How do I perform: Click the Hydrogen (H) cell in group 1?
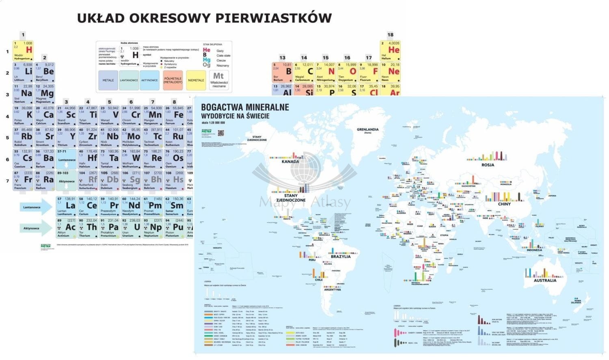[23, 51]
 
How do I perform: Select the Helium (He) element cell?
[390, 51]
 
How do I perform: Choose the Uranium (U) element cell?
[131, 228]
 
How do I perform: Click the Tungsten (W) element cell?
[131, 159]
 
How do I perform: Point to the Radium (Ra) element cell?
[44, 180]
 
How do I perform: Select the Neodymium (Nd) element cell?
[131, 206]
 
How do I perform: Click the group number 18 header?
[390, 35]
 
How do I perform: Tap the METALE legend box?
[108, 80]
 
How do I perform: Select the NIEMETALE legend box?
[196, 80]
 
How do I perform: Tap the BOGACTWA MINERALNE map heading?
[245, 108]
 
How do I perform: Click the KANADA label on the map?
[290, 162]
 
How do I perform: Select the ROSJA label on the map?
[488, 165]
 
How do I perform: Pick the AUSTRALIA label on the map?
[545, 280]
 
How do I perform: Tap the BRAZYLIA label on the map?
[341, 257]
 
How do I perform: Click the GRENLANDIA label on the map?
[367, 130]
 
